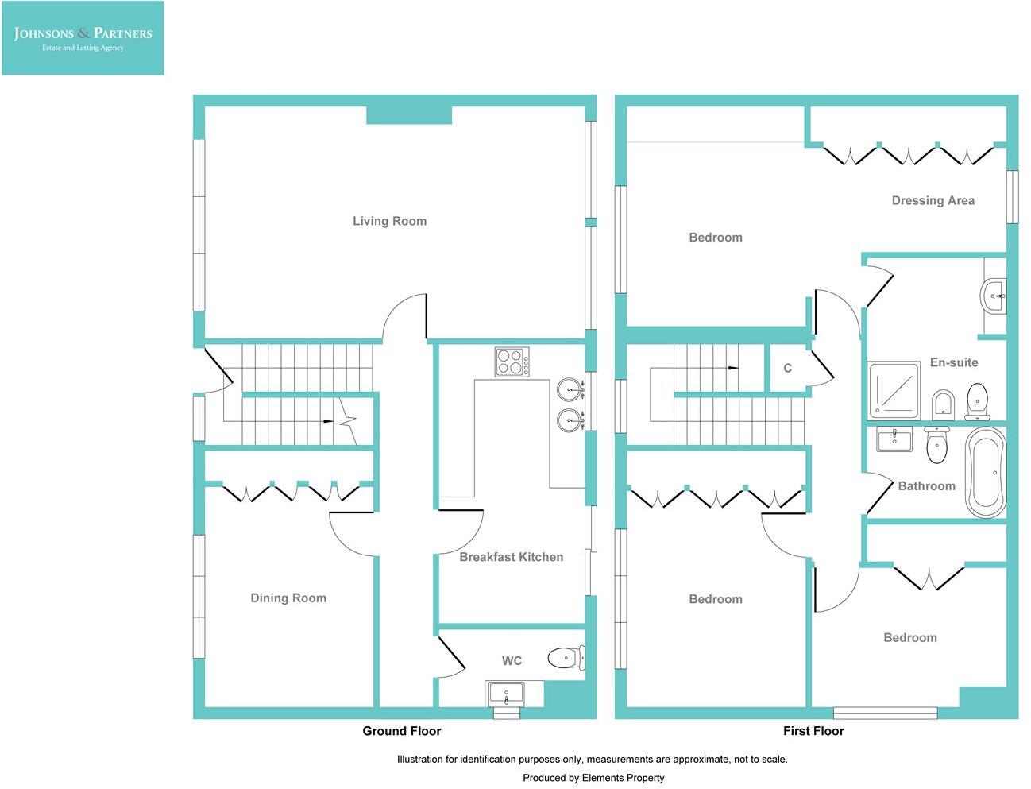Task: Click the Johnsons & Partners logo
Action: point(83,38)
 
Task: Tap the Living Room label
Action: point(389,221)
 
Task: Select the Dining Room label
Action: point(288,598)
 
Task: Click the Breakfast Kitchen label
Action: point(511,557)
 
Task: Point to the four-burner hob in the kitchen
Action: point(512,362)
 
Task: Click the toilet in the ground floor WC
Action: point(565,657)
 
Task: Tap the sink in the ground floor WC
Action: point(506,693)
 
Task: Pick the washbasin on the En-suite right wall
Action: point(994,296)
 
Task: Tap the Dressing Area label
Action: point(933,201)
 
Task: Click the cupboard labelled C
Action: point(787,368)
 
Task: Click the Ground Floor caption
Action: point(401,731)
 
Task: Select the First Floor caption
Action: point(813,731)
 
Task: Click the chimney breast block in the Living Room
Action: point(409,115)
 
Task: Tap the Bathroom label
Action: point(926,486)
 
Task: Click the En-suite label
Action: point(953,362)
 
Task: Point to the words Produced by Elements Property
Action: point(593,778)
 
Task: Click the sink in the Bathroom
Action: point(895,439)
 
